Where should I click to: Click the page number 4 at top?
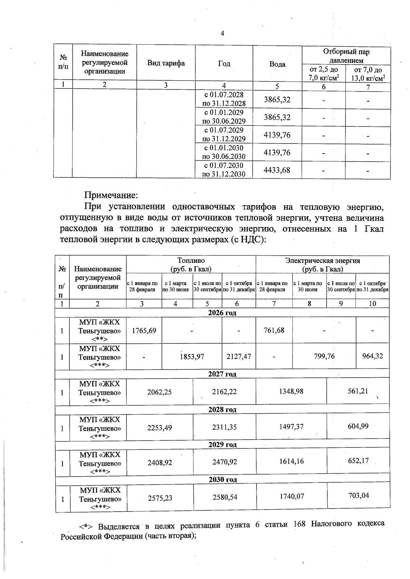223,33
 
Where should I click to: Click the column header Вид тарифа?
166,63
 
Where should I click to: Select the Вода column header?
277,64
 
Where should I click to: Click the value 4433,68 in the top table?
277,170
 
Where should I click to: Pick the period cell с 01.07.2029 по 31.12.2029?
224,134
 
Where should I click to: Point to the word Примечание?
111,195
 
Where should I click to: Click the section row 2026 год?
222,313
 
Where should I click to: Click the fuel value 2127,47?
238,356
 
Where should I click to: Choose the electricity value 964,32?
372,356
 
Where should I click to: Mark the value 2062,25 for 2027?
159,392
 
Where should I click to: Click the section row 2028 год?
222,409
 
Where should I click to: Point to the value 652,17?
358,461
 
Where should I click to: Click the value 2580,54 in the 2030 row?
224,497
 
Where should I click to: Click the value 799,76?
324,356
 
